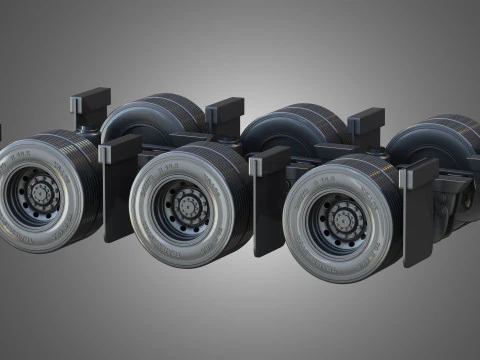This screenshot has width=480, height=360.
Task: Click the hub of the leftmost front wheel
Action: [43, 189]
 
